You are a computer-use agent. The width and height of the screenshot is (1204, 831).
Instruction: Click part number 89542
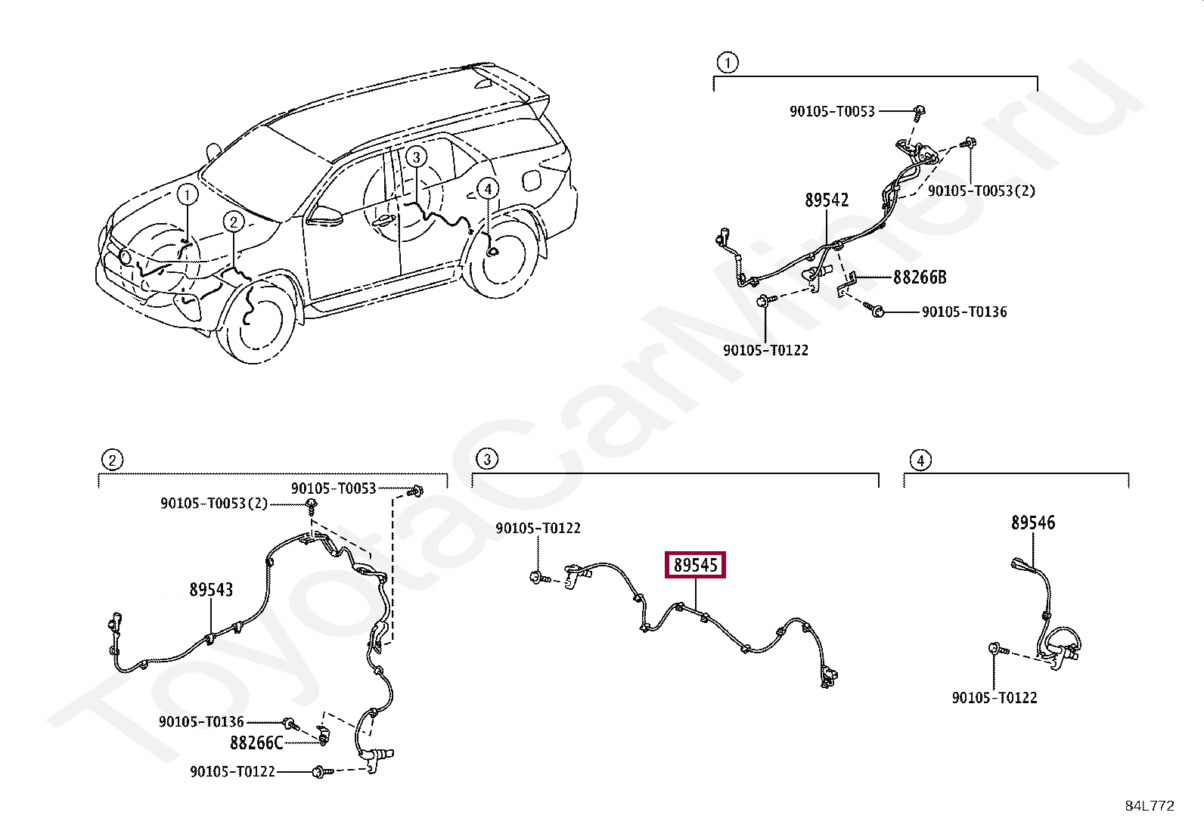[826, 200]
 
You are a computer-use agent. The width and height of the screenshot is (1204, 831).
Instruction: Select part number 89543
[211, 589]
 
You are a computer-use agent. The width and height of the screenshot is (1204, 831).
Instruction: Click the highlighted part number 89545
[695, 565]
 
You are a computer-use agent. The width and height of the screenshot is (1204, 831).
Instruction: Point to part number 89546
[1033, 522]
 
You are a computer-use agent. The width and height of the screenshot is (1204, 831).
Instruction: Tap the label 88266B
[919, 278]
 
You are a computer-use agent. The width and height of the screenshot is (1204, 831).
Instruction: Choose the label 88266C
[256, 743]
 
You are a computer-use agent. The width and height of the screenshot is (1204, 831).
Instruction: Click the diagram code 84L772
[1150, 806]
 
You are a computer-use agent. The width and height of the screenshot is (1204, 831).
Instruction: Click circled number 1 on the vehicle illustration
[188, 195]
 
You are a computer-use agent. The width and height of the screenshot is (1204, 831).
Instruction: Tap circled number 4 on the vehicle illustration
[488, 188]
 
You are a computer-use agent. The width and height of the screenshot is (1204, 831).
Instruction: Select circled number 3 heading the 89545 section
[487, 458]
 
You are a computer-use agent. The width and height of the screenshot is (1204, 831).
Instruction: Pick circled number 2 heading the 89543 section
[111, 460]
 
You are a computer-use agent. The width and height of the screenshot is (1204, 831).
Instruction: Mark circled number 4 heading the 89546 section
[920, 460]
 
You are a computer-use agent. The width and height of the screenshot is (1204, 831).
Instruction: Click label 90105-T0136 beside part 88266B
[964, 312]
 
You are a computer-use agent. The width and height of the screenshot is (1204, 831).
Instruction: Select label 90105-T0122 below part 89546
[995, 697]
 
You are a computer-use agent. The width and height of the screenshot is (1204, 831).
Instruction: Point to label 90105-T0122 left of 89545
[538, 528]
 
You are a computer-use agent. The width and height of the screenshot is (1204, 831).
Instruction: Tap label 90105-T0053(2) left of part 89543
[214, 504]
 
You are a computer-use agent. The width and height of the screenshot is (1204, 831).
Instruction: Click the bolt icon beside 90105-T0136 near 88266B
[877, 311]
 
